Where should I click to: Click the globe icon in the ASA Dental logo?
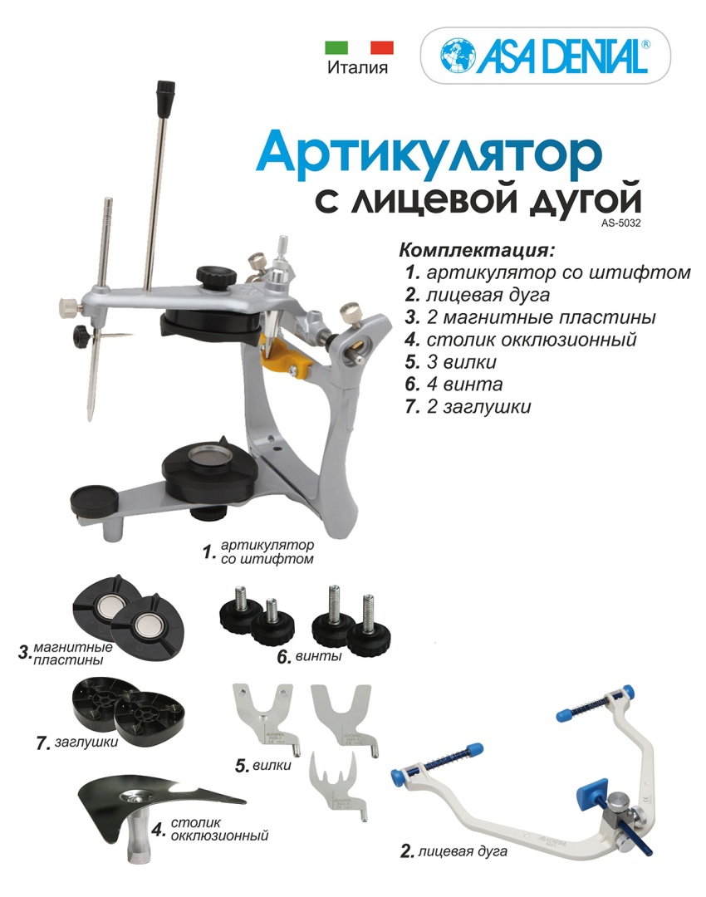coord(458,55)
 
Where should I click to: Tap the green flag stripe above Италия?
coord(336,47)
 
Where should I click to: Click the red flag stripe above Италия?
coord(381,47)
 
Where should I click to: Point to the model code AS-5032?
coord(620,223)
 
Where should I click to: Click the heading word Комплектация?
coord(477,251)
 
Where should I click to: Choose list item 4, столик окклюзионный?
coord(521,339)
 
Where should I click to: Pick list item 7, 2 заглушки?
coord(468,406)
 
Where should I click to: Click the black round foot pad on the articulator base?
coord(94,500)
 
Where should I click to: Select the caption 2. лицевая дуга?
coord(454,851)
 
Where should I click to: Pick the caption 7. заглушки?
coord(77,743)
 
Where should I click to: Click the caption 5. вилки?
coord(263,766)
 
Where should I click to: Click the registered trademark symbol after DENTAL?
coord(646,43)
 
